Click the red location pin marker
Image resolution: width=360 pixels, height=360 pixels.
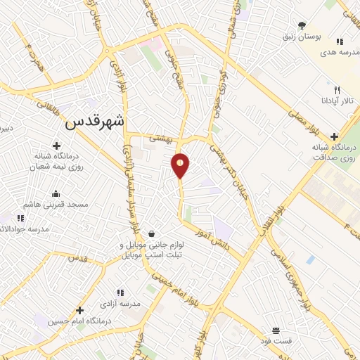[x=181, y=165]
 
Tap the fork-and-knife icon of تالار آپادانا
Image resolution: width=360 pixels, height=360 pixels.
[x=337, y=90]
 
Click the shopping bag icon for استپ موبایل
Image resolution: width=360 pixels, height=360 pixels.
[x=152, y=235]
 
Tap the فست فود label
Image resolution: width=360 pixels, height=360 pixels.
[x=276, y=340]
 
